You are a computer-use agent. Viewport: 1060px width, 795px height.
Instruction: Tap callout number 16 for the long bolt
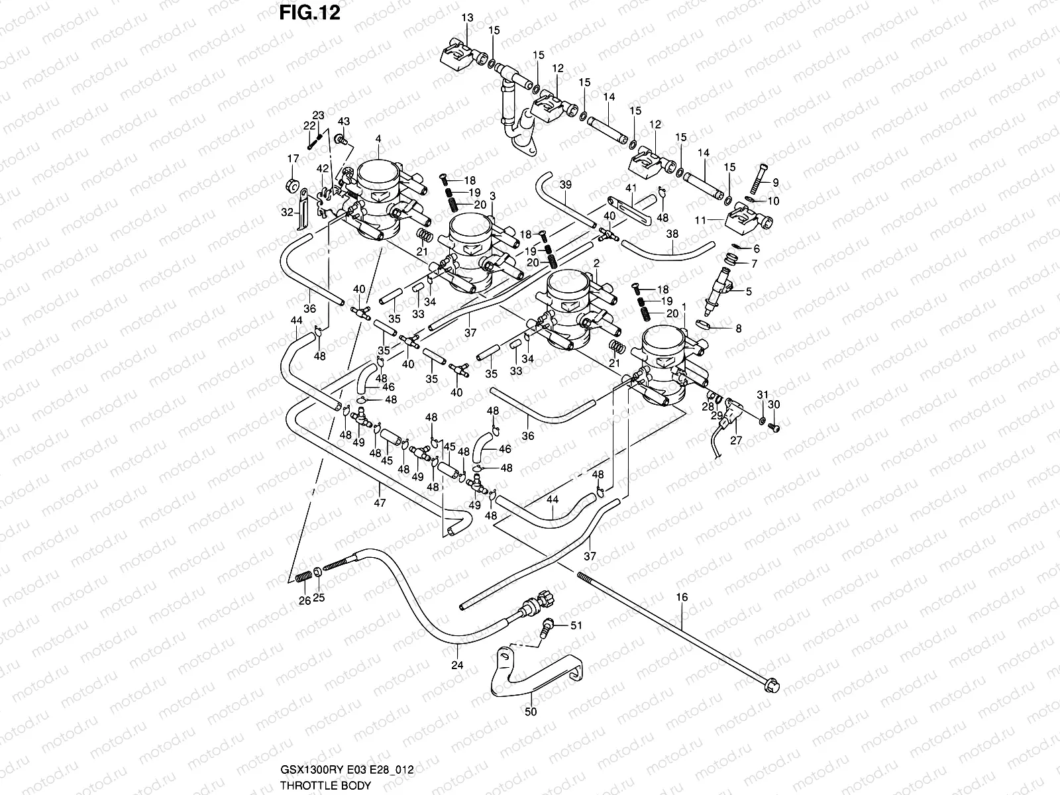pyautogui.click(x=682, y=598)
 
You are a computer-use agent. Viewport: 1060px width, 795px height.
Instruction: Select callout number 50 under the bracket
pyautogui.click(x=531, y=712)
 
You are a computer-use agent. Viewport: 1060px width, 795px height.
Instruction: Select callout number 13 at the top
pyautogui.click(x=468, y=18)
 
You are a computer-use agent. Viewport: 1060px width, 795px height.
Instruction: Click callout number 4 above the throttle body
pyautogui.click(x=378, y=138)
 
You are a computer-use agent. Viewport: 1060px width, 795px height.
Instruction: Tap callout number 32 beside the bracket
pyautogui.click(x=286, y=213)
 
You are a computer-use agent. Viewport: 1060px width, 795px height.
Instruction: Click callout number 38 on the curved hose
pyautogui.click(x=672, y=234)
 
